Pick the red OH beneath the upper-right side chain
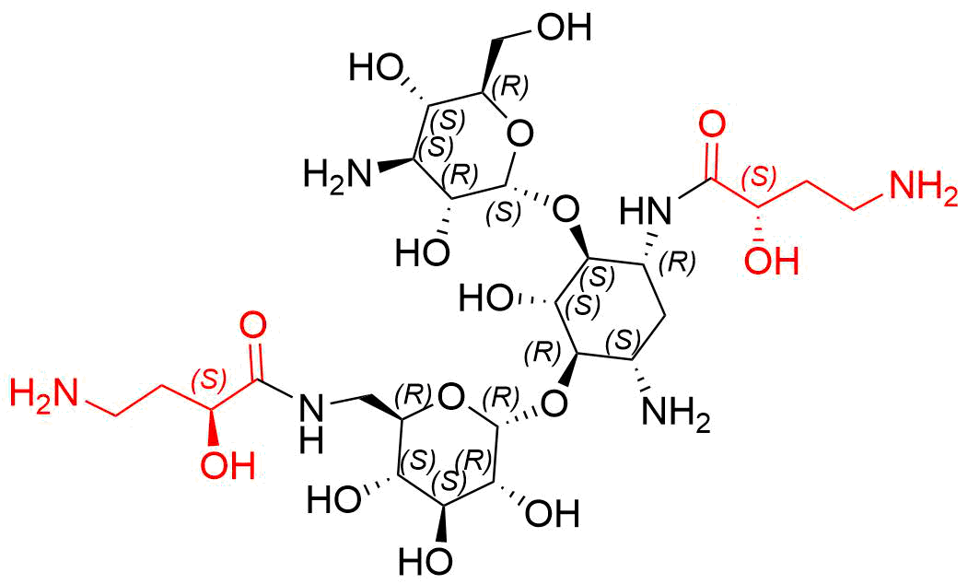(x=772, y=261)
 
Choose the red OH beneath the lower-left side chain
(x=227, y=464)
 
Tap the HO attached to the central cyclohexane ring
(x=486, y=298)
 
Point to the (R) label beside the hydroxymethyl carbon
(x=513, y=87)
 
